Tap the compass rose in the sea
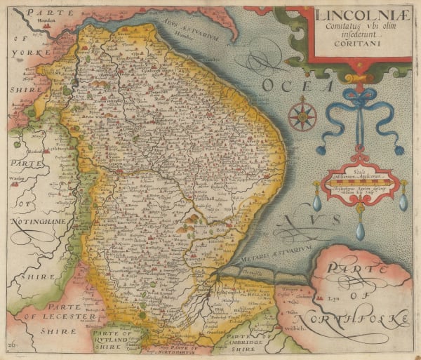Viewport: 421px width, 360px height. coord(302,116)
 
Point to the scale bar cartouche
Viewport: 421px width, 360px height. coord(359,185)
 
